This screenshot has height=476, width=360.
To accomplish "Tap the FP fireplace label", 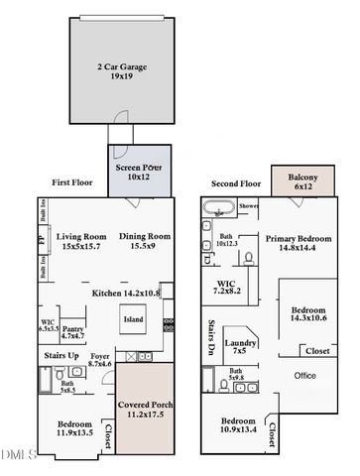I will tap(41, 240).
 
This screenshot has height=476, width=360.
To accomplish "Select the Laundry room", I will tap(238, 345).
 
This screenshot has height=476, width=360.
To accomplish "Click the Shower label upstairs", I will tap(248, 206).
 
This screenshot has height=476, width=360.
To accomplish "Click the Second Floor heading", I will tap(234, 183).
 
